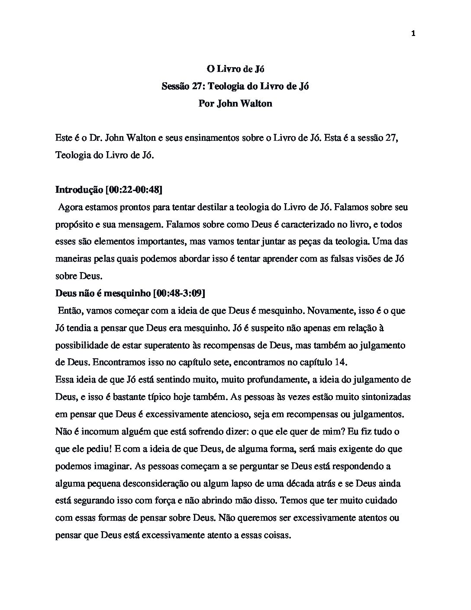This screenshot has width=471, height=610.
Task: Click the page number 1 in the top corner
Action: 413,34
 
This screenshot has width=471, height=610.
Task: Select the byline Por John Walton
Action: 235,104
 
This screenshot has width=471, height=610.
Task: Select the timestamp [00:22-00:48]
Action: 134,190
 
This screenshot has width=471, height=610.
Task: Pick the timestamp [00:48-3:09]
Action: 179,293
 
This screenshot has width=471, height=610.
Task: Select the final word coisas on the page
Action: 275,535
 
